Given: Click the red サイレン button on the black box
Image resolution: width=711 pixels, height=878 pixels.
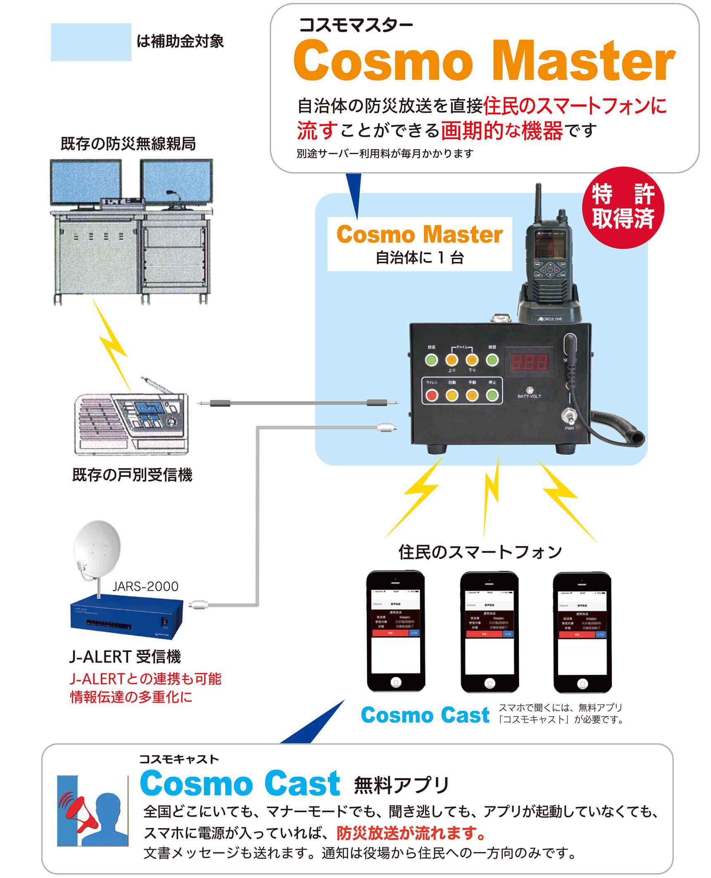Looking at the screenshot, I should pos(432,395).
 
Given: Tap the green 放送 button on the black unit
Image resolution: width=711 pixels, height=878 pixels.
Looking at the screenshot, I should pos(432,360).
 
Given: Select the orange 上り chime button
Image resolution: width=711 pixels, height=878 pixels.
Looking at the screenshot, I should pos(452,360).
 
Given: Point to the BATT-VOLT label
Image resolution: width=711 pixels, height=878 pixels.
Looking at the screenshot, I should pos(529,396).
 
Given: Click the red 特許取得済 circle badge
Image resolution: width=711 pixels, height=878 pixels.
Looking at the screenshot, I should pos(623,208).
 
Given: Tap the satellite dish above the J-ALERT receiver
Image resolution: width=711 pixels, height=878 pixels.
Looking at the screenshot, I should pos(97,545).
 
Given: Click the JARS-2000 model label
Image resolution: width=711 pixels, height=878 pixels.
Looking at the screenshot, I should pos(145,586).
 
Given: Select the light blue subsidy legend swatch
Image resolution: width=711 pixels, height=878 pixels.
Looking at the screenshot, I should pos(91,42).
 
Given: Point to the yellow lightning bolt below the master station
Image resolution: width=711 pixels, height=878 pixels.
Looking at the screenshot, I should pos(110,343).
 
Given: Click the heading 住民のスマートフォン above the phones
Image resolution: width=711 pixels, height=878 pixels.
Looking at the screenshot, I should pos(480,552).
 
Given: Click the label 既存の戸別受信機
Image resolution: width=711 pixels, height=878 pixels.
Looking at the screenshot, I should pos(132,475).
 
